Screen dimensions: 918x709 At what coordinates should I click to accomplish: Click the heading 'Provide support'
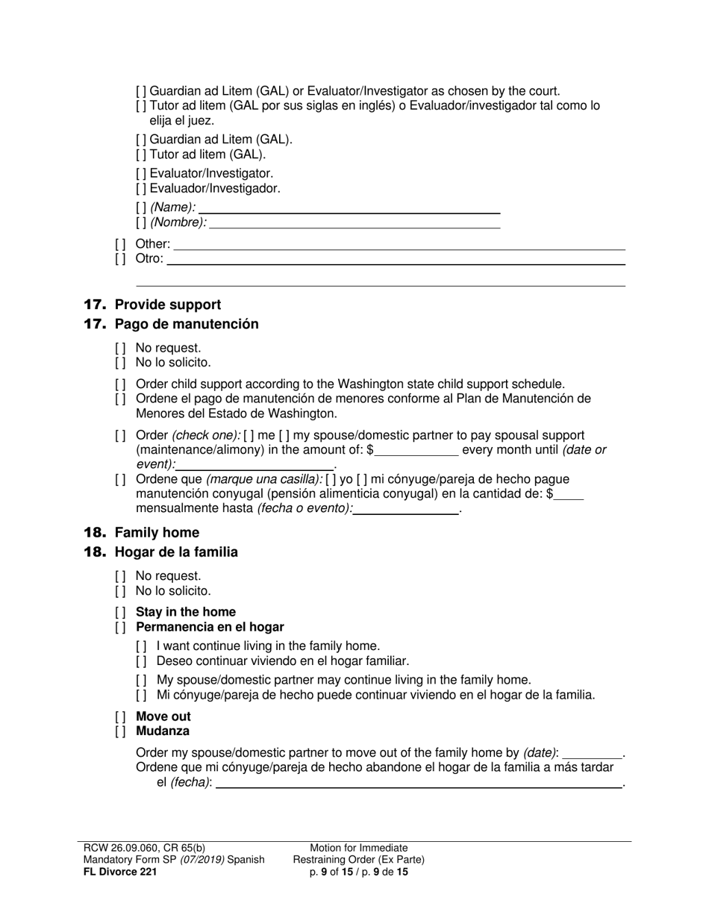(x=167, y=305)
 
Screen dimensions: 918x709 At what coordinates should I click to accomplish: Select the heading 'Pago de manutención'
(x=187, y=324)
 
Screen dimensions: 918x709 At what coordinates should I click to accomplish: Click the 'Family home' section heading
(x=157, y=532)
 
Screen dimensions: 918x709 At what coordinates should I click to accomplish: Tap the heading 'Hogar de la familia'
(x=176, y=552)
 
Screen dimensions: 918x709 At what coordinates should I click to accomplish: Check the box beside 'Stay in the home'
(x=120, y=613)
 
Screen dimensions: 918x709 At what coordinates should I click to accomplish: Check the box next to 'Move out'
(x=120, y=716)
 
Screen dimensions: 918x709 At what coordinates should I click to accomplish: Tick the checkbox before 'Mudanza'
(x=120, y=731)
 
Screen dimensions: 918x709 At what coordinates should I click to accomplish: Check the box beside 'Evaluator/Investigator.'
(x=141, y=173)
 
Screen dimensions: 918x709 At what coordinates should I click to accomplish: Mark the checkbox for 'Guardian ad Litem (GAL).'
(x=141, y=140)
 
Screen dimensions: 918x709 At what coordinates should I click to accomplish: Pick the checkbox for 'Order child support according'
(x=120, y=384)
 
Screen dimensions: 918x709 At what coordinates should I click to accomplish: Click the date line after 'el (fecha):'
(x=418, y=783)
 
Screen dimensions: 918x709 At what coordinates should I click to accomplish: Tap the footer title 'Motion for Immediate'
(x=359, y=848)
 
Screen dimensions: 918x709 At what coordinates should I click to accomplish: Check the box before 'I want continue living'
(x=141, y=646)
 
